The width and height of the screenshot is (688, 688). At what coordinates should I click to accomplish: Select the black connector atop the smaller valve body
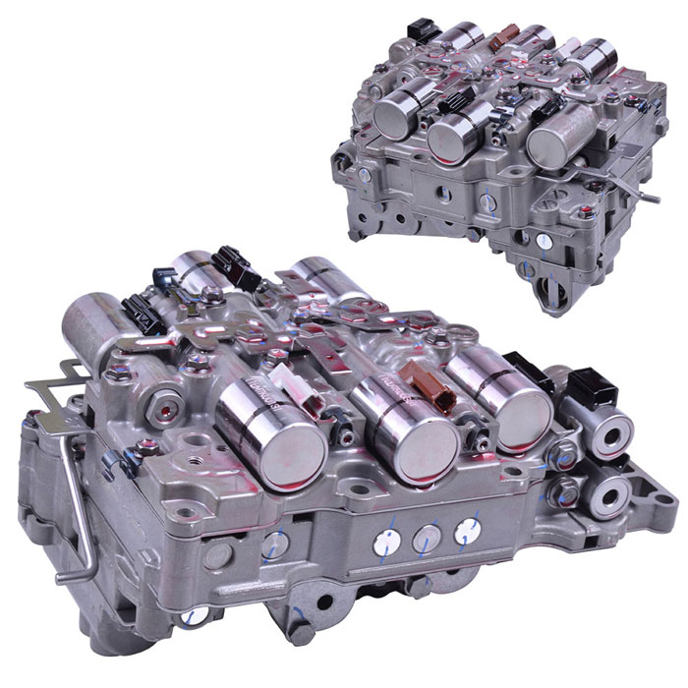426,28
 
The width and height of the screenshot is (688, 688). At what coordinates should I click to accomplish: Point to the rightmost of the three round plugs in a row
465,532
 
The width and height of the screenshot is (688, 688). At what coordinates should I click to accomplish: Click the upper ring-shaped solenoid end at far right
607,433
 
